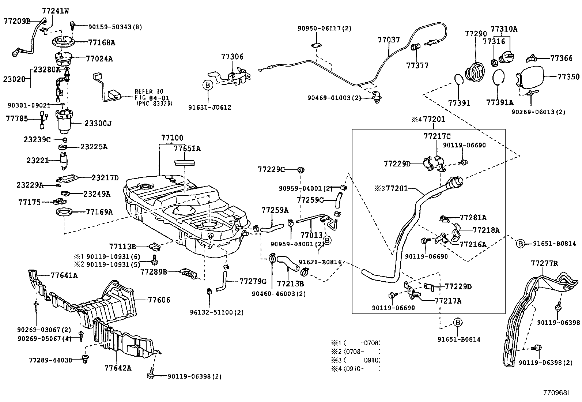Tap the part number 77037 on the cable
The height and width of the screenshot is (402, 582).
pos(389,40)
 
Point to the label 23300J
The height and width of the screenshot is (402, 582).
pos(98,124)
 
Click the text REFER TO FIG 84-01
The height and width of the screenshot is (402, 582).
pos(149,94)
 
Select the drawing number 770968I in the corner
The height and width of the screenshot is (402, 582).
pos(556,392)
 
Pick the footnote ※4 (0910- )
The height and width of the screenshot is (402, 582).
pos(356,369)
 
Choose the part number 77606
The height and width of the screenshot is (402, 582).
pos(159,300)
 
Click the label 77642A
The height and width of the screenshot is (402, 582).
pos(117,368)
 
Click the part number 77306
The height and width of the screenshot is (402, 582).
pos(232,57)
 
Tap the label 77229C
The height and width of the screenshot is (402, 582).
pos(271,169)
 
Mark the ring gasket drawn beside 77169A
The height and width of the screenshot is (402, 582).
pos(64,212)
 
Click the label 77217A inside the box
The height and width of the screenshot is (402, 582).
pos(448,301)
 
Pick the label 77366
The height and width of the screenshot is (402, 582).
pos(561,58)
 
